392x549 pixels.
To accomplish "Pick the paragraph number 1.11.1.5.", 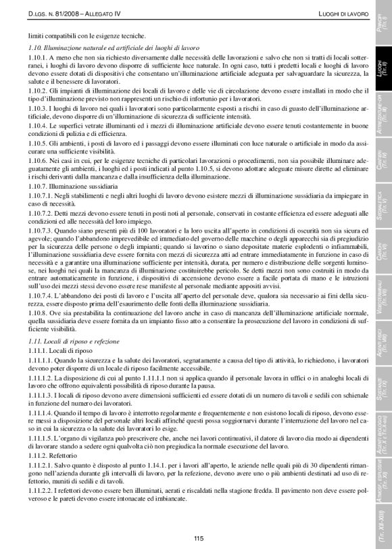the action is (43, 439).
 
